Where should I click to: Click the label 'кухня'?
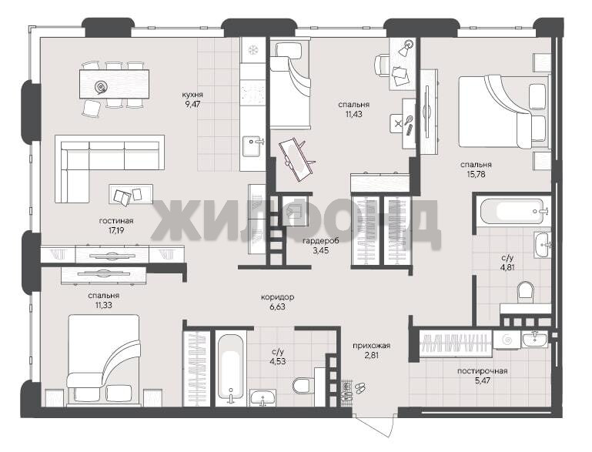click(x=192, y=95)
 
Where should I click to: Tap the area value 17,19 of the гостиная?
click(x=116, y=230)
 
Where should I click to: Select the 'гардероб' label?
click(x=320, y=240)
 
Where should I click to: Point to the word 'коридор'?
click(x=277, y=297)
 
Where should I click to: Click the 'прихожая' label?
click(x=372, y=346)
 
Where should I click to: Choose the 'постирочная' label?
click(x=482, y=371)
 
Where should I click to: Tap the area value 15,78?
click(x=476, y=174)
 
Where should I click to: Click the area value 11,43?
click(x=353, y=114)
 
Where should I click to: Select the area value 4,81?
click(x=508, y=267)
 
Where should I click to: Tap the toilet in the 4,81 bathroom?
click(x=525, y=293)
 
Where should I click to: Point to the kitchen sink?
click(x=253, y=146)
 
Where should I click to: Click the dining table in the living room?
click(x=114, y=84)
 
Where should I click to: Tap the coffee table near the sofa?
click(x=131, y=194)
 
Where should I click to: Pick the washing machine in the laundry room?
click(x=507, y=340)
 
